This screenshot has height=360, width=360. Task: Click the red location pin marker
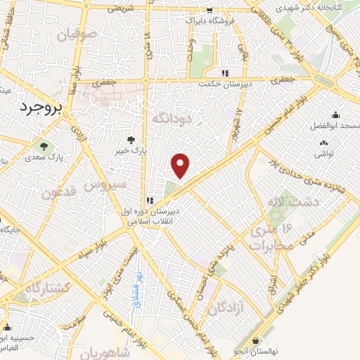pyautogui.click(x=181, y=166)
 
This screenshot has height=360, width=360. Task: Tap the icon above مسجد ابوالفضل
pyautogui.click(x=335, y=115)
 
